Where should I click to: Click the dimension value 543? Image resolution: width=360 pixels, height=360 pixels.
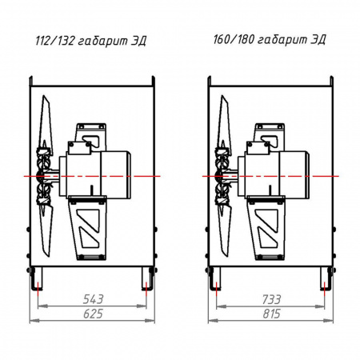point(93,299)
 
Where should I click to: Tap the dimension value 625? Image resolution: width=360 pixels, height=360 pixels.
point(93,314)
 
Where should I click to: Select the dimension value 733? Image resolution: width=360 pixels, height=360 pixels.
point(271,299)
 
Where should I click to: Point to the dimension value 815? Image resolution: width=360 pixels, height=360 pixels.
point(271,314)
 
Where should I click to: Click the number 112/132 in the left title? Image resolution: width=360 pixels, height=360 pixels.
point(54,41)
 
